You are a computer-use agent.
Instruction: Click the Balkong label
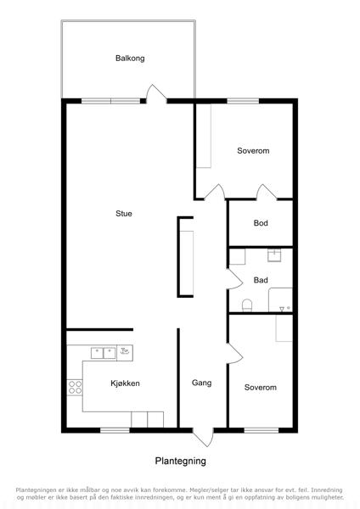[130, 59]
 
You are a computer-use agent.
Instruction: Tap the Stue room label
[124, 213]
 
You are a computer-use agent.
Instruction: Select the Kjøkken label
[125, 383]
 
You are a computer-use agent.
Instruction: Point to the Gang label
[201, 383]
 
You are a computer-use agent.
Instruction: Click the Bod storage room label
[261, 223]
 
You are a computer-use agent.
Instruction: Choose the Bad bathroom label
[261, 280]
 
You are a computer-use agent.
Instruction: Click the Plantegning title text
[180, 461]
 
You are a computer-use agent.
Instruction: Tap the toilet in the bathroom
[247, 305]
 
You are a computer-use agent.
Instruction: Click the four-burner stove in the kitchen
[75, 388]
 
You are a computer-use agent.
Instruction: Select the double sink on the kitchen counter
[104, 353]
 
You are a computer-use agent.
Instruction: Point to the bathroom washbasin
[274, 255]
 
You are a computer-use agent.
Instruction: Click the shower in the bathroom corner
[280, 300]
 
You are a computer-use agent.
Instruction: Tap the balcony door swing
[156, 93]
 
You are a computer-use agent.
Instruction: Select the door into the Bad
[234, 279]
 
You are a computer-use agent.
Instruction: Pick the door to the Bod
[267, 192]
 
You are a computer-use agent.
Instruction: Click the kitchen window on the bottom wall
[115, 430]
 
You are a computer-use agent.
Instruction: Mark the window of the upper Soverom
[243, 101]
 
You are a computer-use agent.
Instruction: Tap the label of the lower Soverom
[261, 388]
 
